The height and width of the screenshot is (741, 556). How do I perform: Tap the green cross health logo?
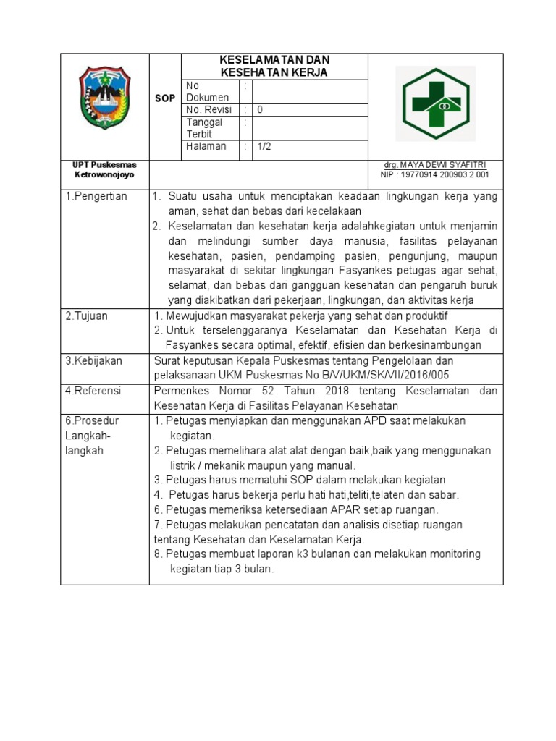pos(435,103)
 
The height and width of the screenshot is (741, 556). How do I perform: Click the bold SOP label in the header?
pos(165,98)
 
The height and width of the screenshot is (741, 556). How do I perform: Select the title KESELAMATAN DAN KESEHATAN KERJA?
pos(274,66)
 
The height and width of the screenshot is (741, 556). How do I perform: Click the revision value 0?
pos(261,110)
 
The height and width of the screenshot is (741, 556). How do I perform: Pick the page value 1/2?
pos(264,146)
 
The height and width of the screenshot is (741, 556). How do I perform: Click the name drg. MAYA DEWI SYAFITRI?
pos(434,165)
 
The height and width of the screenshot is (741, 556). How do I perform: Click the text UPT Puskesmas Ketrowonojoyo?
pos(105,170)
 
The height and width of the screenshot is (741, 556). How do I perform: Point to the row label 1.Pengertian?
pos(96,197)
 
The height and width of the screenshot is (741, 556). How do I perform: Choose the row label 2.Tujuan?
pos(88,316)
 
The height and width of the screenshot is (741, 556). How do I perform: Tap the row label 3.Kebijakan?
pos(94,360)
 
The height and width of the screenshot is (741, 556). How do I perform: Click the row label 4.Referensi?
pos(94,391)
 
